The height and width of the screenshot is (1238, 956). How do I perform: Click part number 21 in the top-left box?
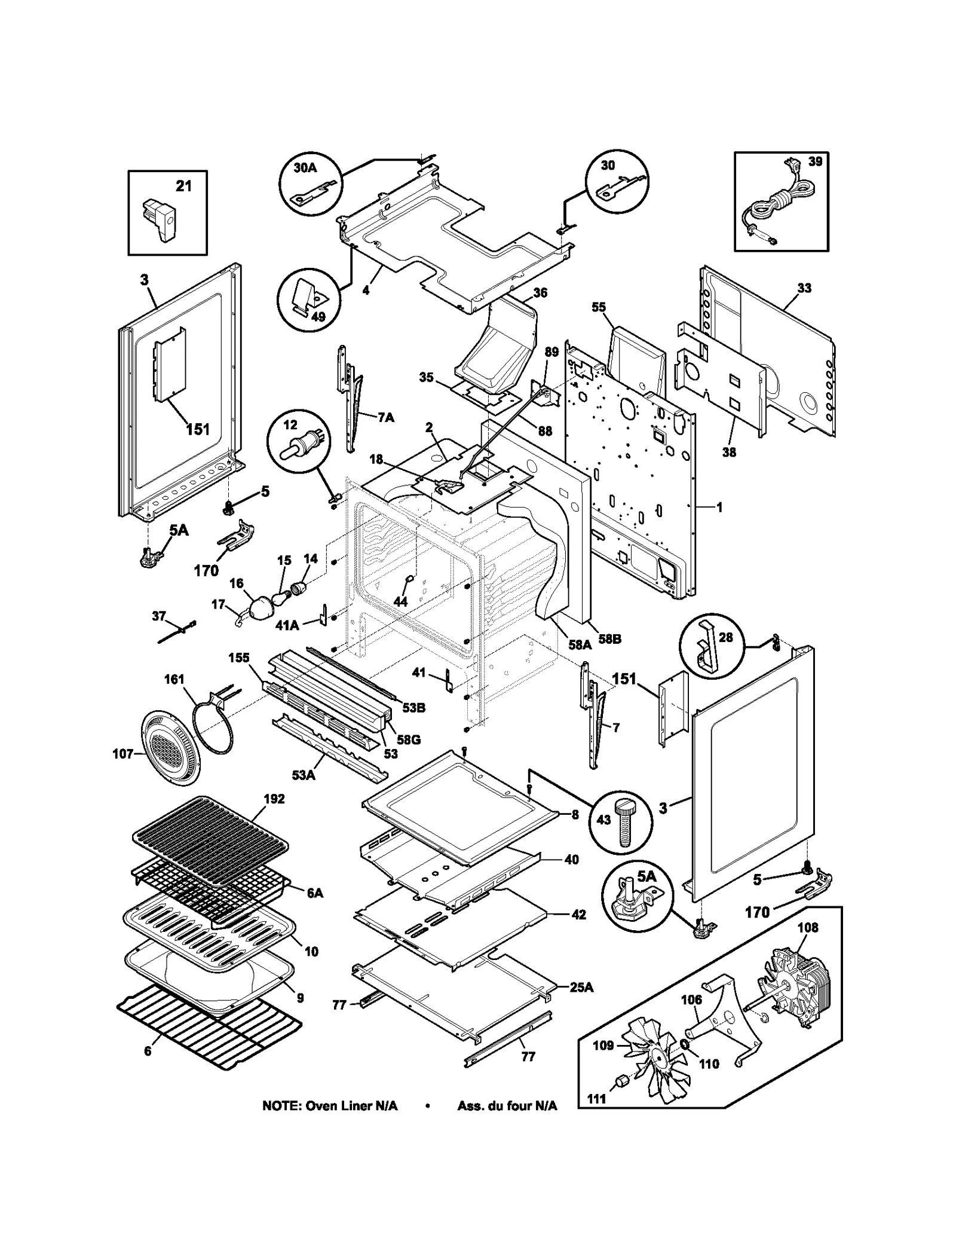pyautogui.click(x=183, y=186)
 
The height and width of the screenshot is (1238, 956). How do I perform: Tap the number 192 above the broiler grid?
pyautogui.click(x=274, y=799)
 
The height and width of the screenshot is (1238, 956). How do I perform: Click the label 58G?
pyautogui.click(x=409, y=739)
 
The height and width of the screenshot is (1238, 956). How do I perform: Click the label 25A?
pyautogui.click(x=581, y=987)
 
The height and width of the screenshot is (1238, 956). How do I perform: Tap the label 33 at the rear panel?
pyautogui.click(x=804, y=288)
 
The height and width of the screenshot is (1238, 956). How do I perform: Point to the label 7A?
pyautogui.click(x=386, y=417)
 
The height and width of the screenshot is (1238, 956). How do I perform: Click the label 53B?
pyautogui.click(x=413, y=708)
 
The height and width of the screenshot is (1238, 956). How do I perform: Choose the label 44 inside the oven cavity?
pyautogui.click(x=400, y=601)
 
